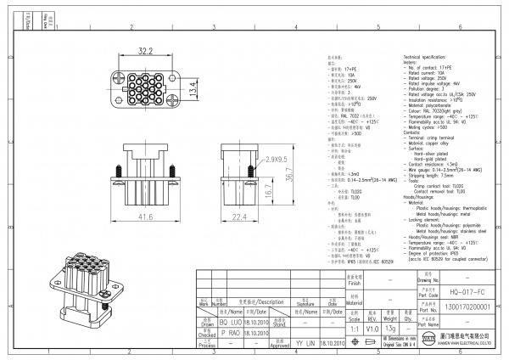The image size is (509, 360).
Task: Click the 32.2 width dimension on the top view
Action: pos(145,51)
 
